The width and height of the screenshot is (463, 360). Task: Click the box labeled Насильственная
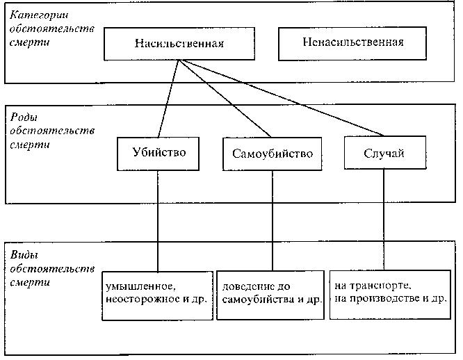click(179, 44)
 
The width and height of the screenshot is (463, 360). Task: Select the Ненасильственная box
click(352, 44)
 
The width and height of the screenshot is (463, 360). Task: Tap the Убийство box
click(158, 154)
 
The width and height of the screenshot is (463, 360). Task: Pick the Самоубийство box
click(273, 154)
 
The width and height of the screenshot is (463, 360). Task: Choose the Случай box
click(385, 153)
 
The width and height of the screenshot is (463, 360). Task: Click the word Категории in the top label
click(39, 15)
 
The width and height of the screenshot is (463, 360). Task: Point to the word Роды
click(24, 117)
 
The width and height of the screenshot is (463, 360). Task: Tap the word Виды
click(24, 254)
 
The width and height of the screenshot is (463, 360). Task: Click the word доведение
click(248, 286)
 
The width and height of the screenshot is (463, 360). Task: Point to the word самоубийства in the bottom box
click(258, 300)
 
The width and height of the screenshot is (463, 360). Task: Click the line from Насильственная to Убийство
click(169, 99)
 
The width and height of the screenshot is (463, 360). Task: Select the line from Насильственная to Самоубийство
click(225, 99)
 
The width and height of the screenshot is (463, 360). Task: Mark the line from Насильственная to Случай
click(282, 98)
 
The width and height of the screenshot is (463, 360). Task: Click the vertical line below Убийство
click(158, 221)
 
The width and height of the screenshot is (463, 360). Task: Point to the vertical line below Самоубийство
click(273, 221)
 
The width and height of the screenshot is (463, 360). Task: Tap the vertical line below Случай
click(384, 220)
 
